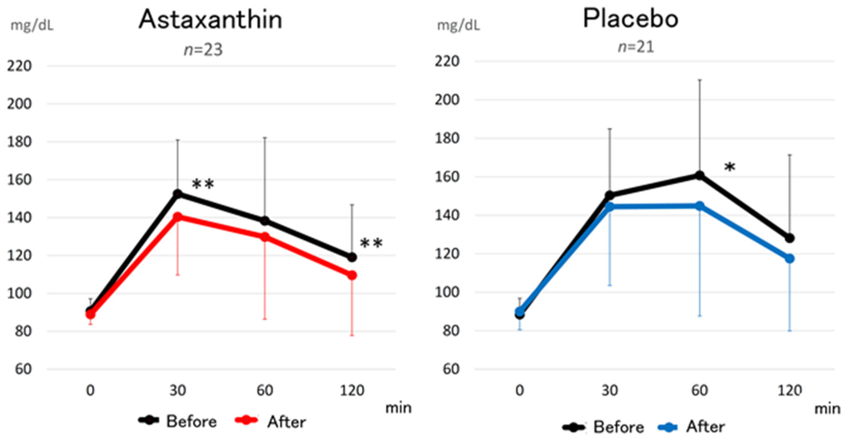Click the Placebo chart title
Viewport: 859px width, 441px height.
tap(630, 18)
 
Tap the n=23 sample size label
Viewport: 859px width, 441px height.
tap(203, 50)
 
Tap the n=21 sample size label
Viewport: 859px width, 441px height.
tap(636, 47)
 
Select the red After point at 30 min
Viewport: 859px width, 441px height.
tap(178, 217)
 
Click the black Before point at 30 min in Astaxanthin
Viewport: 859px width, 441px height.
tap(178, 194)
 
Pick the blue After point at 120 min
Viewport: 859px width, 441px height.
tap(790, 258)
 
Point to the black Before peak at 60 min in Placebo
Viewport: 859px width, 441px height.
tap(699, 175)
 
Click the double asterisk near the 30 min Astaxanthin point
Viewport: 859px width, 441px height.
tap(203, 184)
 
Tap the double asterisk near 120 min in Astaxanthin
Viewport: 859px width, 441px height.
tap(371, 244)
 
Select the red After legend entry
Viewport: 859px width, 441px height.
tap(270, 421)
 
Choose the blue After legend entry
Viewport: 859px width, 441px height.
tap(692, 427)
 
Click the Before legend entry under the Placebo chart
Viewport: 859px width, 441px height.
tap(604, 427)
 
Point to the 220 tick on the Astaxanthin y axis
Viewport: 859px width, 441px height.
tap(19, 66)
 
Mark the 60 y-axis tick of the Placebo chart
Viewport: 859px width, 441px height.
tap(451, 369)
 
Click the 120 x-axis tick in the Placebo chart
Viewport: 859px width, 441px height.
tap(790, 390)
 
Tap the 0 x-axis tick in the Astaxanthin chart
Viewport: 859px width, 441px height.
tap(90, 390)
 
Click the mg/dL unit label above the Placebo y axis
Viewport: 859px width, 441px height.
tap(459, 25)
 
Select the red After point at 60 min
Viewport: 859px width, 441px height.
tap(265, 237)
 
